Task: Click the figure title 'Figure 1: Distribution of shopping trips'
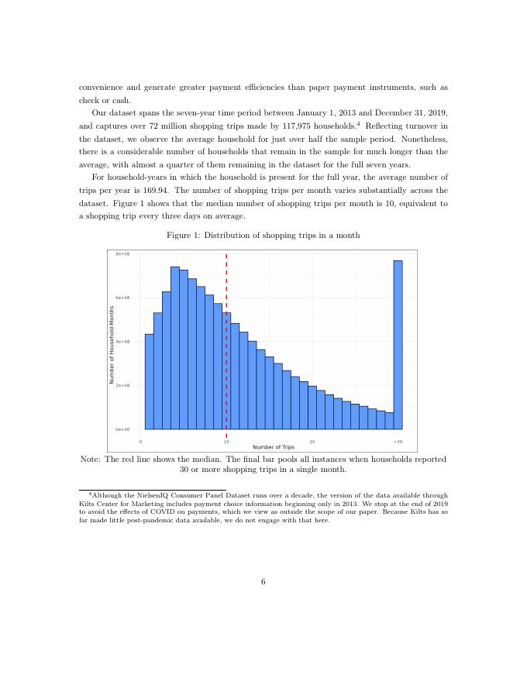point(263,235)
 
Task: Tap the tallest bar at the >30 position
point(398,344)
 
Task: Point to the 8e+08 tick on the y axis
point(122,254)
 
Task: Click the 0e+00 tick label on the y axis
point(122,429)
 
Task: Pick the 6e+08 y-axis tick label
point(122,298)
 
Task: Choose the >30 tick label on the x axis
point(398,441)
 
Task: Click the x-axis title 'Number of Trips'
point(269,447)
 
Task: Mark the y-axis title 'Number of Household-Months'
point(112,345)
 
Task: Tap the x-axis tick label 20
point(312,441)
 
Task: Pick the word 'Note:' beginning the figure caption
point(91,459)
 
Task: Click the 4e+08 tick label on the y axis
point(122,341)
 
